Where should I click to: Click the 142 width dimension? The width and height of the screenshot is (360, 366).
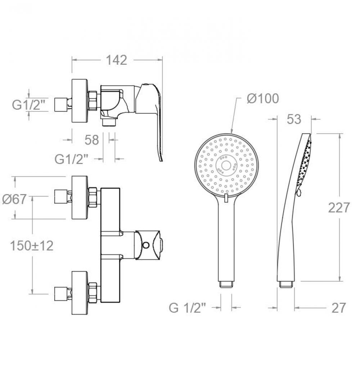[x=117, y=60]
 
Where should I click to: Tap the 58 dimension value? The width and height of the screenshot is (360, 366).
[x=92, y=140]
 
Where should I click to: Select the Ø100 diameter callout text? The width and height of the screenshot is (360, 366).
[x=263, y=99]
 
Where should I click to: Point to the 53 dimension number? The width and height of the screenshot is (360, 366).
[x=294, y=119]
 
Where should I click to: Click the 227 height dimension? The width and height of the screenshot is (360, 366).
[x=339, y=207]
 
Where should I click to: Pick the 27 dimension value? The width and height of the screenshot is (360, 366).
[x=338, y=308]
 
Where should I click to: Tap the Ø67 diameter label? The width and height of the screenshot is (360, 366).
[x=14, y=199]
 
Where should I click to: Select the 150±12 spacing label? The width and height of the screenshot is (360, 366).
[x=32, y=246]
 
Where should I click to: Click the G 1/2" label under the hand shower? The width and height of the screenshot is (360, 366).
[x=188, y=308]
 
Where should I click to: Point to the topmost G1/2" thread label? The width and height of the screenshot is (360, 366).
[x=28, y=105]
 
